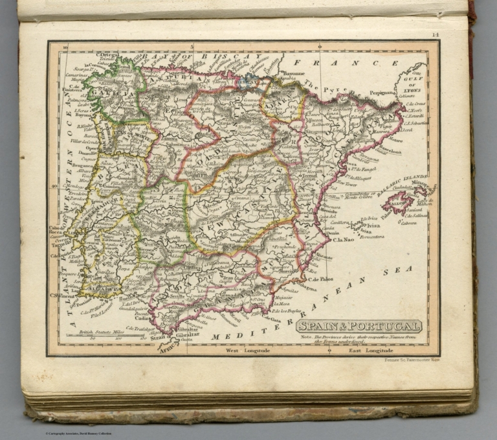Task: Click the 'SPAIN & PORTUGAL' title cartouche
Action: [359, 326]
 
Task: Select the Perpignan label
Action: [382, 93]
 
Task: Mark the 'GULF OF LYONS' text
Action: [415, 85]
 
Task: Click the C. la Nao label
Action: [344, 240]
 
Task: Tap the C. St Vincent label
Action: [59, 295]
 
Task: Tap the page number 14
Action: [436, 34]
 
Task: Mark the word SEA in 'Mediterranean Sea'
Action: [390, 272]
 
